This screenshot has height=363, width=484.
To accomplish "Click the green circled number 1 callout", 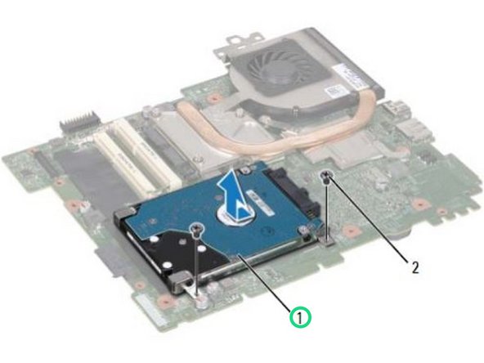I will coord(302,314).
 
